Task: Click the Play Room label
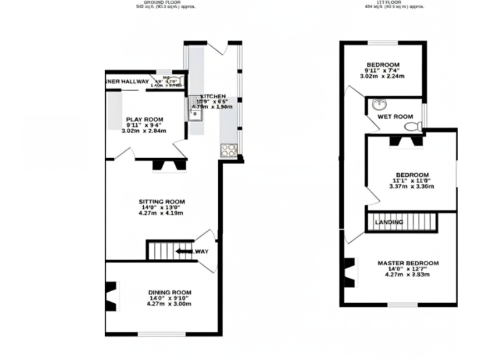(x=144, y=119)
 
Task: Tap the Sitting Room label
(x=161, y=201)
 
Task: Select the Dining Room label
(x=169, y=292)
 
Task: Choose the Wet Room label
(x=395, y=116)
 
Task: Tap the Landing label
(x=389, y=222)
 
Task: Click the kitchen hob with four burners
(x=229, y=150)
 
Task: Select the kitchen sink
(x=196, y=113)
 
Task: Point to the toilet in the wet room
(x=412, y=127)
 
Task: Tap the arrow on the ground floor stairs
(x=184, y=251)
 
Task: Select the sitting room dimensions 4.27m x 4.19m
(x=161, y=213)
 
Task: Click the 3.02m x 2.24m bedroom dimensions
(x=382, y=77)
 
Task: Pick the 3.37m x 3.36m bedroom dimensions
(x=411, y=186)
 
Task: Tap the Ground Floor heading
(x=157, y=3)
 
